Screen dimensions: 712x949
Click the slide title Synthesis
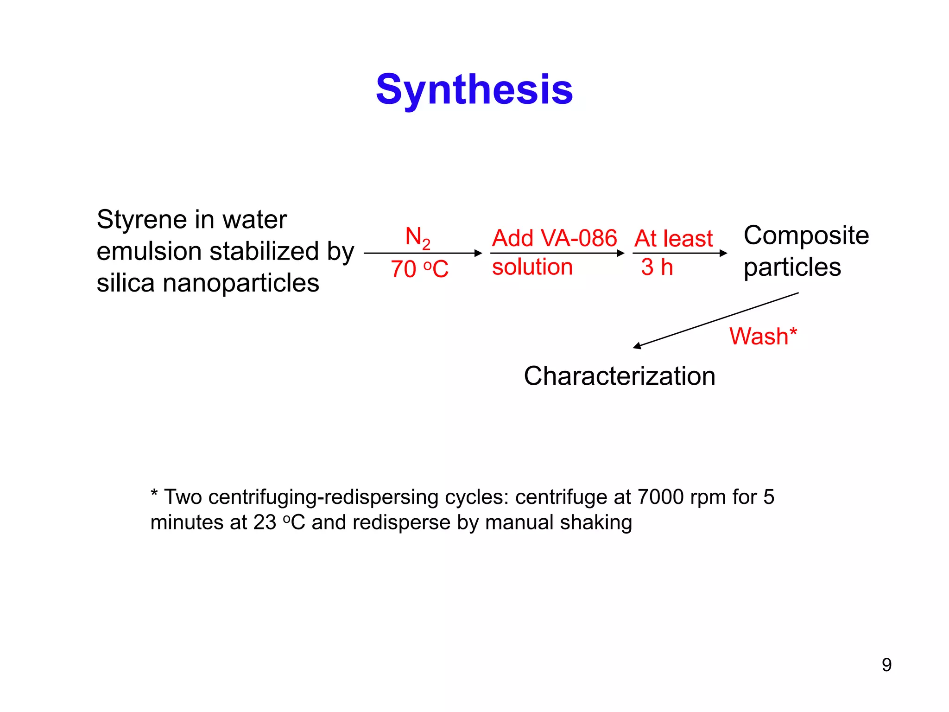pyautogui.click(x=474, y=89)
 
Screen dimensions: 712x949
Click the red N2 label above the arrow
pyautogui.click(x=418, y=237)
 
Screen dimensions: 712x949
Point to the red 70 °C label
pyautogui.click(x=419, y=269)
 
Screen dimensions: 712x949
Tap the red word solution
pyautogui.click(x=532, y=267)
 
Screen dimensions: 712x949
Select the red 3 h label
pyautogui.click(x=657, y=267)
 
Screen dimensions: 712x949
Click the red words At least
pyautogui.click(x=673, y=239)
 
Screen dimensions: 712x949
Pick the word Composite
pyautogui.click(x=806, y=235)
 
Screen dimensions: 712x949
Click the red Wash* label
pyautogui.click(x=763, y=336)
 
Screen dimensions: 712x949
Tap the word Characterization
pyautogui.click(x=620, y=376)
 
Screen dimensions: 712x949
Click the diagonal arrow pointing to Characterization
pyautogui.click(x=716, y=320)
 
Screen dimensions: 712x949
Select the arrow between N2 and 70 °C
pyautogui.click(x=423, y=253)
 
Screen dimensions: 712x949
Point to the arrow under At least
pyautogui.click(x=679, y=253)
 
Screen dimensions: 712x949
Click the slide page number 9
pyautogui.click(x=886, y=665)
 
